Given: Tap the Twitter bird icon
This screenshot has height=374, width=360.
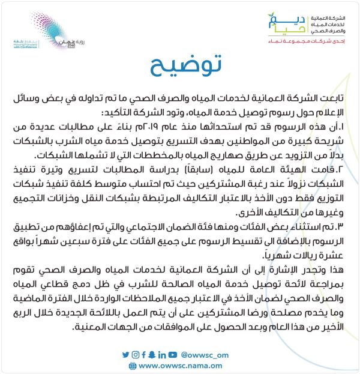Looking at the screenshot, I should tap(125, 355).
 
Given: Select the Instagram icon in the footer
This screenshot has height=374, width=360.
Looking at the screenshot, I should tap(135, 355).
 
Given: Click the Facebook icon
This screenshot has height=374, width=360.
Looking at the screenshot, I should tap(143, 355).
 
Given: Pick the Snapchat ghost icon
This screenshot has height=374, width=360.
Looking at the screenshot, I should tap(152, 355).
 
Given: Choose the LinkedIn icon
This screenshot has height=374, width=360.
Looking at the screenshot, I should tap(161, 355).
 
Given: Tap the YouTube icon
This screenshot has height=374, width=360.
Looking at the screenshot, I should tap(173, 355).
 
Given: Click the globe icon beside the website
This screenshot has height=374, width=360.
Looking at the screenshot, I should tap(132, 365).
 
